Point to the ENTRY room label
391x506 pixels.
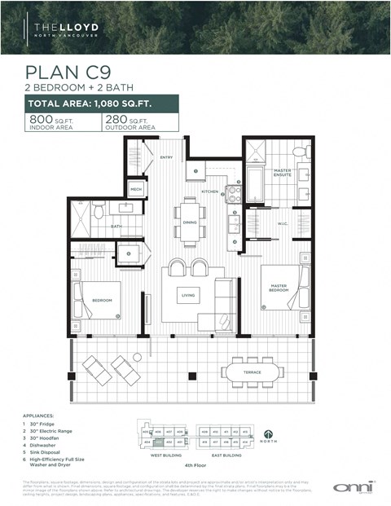[x=166, y=156]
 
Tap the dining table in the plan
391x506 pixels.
[x=189, y=222]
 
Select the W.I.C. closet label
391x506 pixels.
[x=282, y=223]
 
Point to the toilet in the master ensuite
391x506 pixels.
[x=298, y=152]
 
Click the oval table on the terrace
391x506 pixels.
[x=253, y=372]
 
